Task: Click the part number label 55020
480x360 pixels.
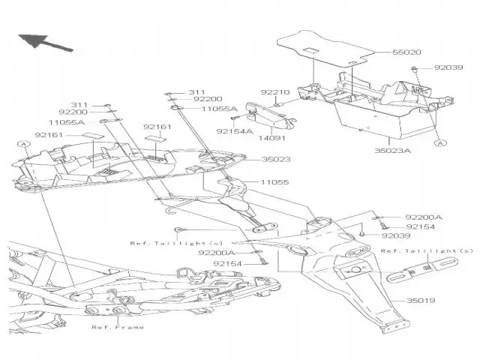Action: click(406, 54)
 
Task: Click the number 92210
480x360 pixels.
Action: click(274, 92)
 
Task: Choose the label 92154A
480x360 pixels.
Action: click(233, 130)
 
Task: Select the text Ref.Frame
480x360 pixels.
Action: click(118, 327)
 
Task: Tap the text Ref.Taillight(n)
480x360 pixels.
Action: click(166, 243)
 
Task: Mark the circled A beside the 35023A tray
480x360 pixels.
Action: click(440, 141)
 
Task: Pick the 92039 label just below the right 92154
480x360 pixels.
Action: click(397, 235)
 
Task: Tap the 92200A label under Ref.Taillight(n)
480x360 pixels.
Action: click(216, 253)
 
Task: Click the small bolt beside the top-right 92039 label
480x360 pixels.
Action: click(413, 69)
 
